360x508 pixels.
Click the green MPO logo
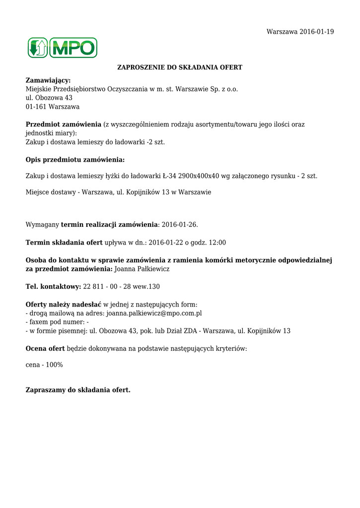[x=62, y=48]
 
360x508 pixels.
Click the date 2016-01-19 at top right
[x=316, y=32]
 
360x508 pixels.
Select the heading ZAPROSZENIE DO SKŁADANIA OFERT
[x=179, y=67]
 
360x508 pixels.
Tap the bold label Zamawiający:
[x=48, y=80]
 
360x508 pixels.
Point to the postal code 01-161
[x=35, y=107]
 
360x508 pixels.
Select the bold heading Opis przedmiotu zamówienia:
[x=75, y=160]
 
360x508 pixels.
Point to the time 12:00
[x=216, y=243]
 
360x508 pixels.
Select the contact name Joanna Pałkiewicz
[x=142, y=269]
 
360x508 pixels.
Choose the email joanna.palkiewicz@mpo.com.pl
[x=154, y=314]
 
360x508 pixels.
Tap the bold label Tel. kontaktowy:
[x=53, y=287]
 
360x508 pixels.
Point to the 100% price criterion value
[x=53, y=365]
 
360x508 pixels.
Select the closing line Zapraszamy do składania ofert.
[x=78, y=390]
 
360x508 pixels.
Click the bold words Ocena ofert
[x=45, y=349]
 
